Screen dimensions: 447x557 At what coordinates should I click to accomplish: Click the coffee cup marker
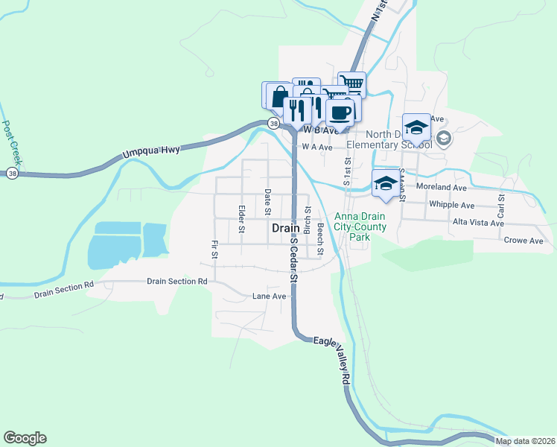[x=340, y=113]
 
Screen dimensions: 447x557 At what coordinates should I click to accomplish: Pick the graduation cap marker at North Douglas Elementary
[x=416, y=127]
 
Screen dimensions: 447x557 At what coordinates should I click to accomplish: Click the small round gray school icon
[x=444, y=137]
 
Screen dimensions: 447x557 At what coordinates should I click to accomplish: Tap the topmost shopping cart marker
[x=351, y=83]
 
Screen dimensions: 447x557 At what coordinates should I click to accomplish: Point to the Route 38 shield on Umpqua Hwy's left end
[x=12, y=173]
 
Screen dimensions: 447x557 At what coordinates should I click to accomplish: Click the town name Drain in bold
[x=286, y=229]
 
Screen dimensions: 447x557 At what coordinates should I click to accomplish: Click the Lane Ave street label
[x=269, y=296]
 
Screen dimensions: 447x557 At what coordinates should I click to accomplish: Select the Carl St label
[x=501, y=203]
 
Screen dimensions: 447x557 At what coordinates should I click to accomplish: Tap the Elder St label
[x=241, y=219]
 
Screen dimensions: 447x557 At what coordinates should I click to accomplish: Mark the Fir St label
[x=214, y=250]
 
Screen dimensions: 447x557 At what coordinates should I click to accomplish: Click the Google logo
[x=25, y=438]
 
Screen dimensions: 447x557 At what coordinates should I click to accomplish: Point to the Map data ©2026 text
[x=524, y=441]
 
